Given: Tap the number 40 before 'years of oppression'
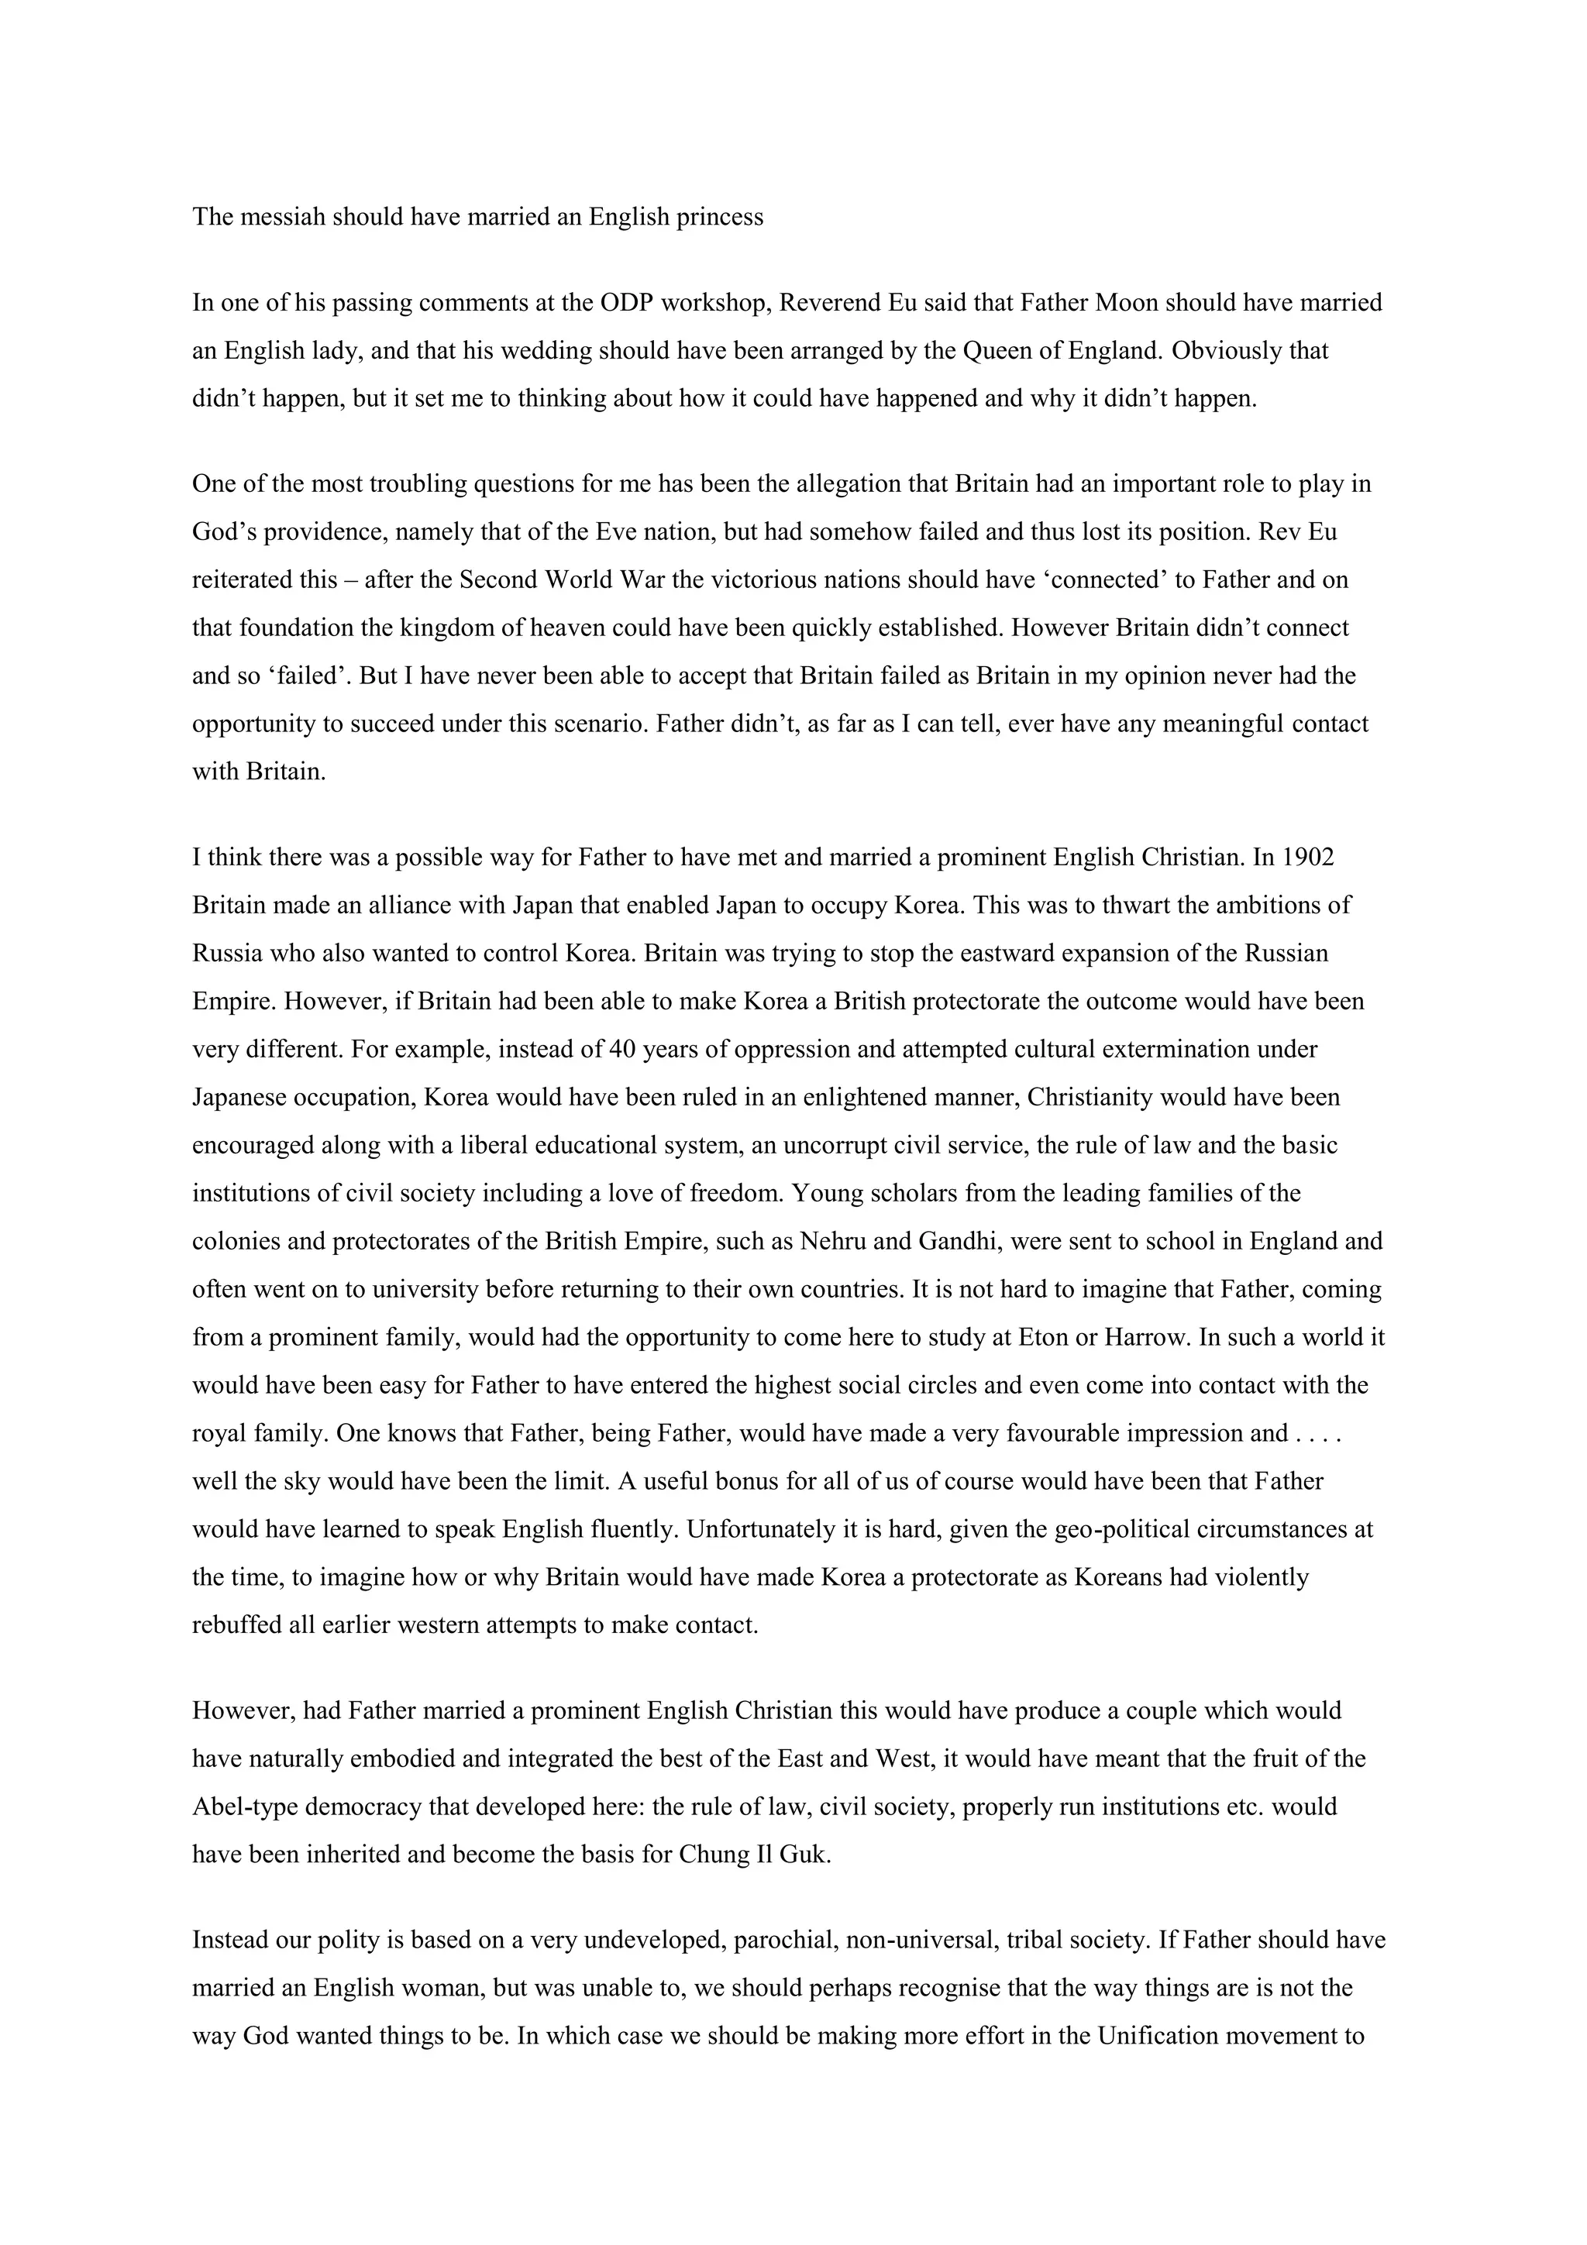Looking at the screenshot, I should pos(622,1049).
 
